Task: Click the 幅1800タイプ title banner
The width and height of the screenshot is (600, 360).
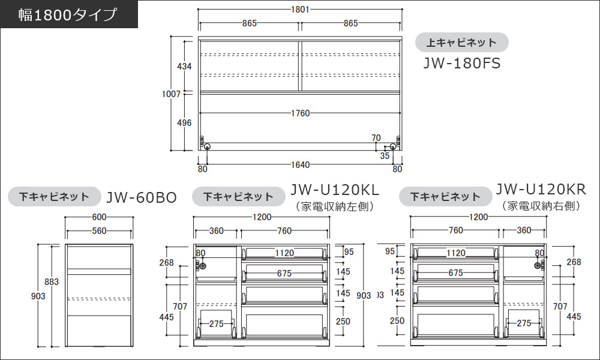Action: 69,14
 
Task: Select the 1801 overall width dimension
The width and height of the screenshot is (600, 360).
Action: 299,10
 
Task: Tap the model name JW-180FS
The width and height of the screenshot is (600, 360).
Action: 461,62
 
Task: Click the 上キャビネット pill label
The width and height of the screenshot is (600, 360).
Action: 462,43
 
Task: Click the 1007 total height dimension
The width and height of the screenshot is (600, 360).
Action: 172,94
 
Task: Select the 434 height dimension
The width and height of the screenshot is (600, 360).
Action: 185,66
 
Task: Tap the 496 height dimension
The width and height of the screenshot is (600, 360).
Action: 185,122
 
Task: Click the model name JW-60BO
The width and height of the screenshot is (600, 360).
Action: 141,197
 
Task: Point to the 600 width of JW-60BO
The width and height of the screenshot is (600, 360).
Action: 99,217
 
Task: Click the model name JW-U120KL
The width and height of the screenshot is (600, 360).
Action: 335,190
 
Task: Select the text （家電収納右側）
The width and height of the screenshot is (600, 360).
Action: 541,206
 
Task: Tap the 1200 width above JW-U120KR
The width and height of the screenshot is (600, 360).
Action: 479,217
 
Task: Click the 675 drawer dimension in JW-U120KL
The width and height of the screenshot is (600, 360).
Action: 284,274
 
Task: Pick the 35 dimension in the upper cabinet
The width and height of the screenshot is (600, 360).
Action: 385,155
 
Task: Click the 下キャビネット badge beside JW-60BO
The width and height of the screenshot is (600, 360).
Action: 53,196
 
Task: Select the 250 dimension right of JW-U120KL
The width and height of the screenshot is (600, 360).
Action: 343,322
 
